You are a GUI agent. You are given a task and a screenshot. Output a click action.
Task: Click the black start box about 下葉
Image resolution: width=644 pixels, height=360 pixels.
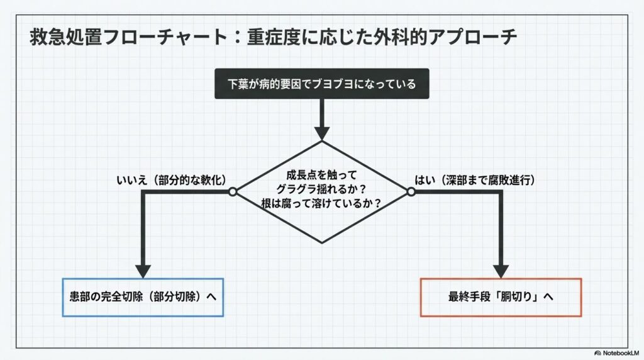click(x=321, y=84)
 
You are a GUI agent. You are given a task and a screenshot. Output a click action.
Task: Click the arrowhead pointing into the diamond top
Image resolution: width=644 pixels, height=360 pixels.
click(x=321, y=133)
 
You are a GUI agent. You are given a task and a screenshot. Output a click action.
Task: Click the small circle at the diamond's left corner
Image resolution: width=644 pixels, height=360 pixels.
click(x=232, y=191)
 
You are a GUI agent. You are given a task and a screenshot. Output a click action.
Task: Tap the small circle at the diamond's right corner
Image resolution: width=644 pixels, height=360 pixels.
click(x=411, y=191)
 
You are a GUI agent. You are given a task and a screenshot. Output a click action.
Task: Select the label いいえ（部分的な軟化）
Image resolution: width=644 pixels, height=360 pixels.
click(x=171, y=181)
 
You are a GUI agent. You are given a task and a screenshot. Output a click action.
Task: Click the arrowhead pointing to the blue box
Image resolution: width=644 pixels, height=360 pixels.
click(x=143, y=270)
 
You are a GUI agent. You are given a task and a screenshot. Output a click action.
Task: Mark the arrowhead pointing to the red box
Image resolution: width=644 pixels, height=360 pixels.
click(x=501, y=270)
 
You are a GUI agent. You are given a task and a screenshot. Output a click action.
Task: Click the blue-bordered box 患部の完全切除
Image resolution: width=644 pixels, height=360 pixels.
click(x=143, y=296)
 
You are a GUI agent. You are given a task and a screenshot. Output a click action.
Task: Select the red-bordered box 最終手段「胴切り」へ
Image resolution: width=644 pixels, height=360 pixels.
click(x=501, y=296)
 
